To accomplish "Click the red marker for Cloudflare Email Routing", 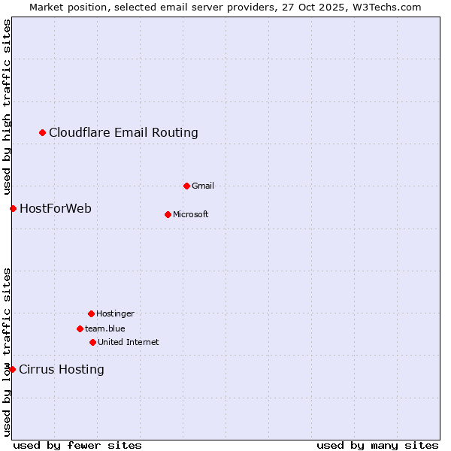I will pyautogui.click(x=43, y=133).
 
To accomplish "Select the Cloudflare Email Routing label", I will pyautogui.click(x=123, y=133).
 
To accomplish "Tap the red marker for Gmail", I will pyautogui.click(x=186, y=186).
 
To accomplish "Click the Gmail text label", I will pyautogui.click(x=203, y=186).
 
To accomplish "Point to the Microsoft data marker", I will pyautogui.click(x=168, y=214).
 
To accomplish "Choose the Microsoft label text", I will pyautogui.click(x=191, y=214).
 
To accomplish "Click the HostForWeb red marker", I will pyautogui.click(x=13, y=208).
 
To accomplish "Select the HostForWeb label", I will pyautogui.click(x=56, y=208).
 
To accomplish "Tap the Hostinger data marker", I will pyautogui.click(x=91, y=313).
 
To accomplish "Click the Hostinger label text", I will pyautogui.click(x=115, y=313).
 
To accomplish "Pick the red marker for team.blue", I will pyautogui.click(x=80, y=328).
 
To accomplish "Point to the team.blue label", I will pyautogui.click(x=105, y=328).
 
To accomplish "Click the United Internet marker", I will pyautogui.click(x=92, y=342).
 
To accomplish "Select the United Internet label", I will pyautogui.click(x=129, y=342).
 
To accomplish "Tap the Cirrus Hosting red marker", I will pyautogui.click(x=12, y=369).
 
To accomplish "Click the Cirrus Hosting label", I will pyautogui.click(x=62, y=369).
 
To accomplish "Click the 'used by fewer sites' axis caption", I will pyautogui.click(x=77, y=445).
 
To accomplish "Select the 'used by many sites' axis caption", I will pyautogui.click(x=377, y=445).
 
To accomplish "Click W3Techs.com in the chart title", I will pyautogui.click(x=386, y=7).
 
